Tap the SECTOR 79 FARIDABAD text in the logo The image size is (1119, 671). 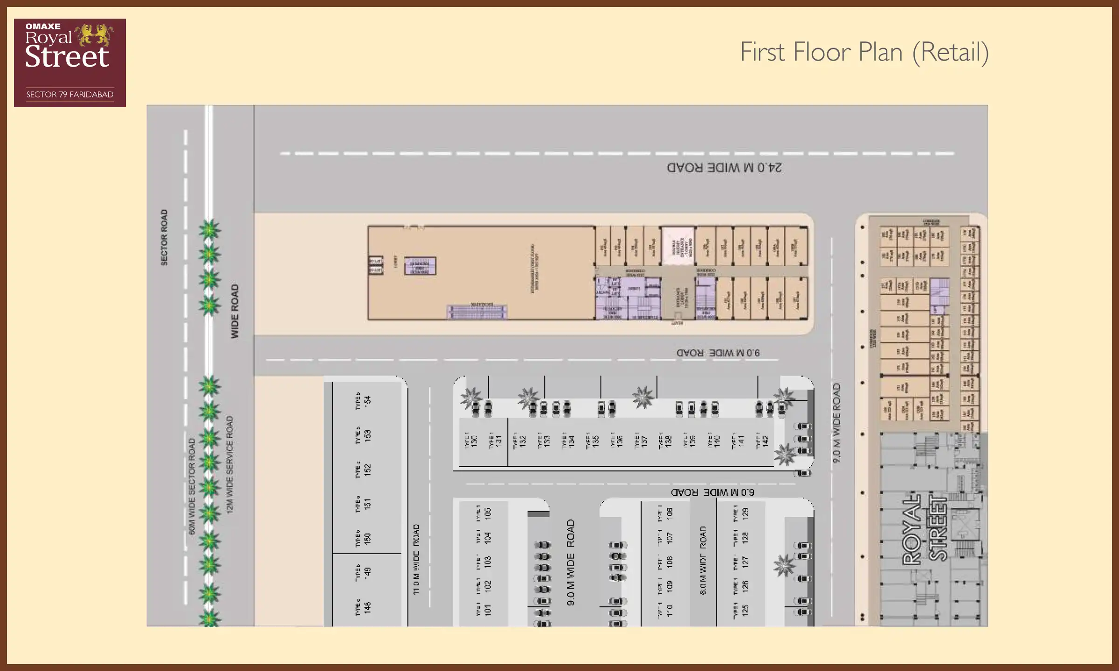coord(69,95)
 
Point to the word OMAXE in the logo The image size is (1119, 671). coord(42,27)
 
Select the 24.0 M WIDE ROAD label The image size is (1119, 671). coord(724,168)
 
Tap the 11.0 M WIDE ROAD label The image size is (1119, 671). coord(416,559)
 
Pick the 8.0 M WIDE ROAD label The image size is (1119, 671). coord(703,561)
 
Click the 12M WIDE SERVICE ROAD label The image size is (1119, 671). coord(229,465)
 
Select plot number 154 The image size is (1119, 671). coord(368,401)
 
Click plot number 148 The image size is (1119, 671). coord(367,608)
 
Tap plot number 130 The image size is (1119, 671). coord(474,441)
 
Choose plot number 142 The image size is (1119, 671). coord(765,441)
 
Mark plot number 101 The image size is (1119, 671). coord(488,610)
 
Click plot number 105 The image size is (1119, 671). coord(488,513)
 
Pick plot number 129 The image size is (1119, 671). coord(745,514)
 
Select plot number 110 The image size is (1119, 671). coord(670,610)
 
